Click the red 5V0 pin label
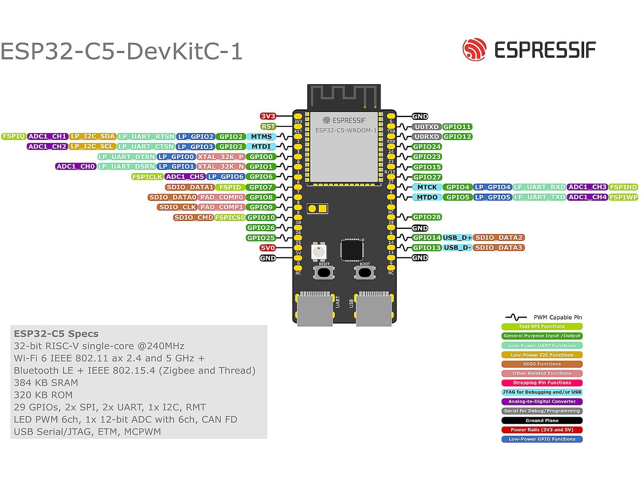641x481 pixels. tap(268, 248)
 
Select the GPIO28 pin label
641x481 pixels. tap(427, 217)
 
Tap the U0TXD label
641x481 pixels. tap(427, 127)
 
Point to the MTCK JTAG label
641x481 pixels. tap(427, 187)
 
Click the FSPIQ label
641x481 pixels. tap(14, 136)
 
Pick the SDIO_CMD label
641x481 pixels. tap(194, 218)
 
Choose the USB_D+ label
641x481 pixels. tap(457, 238)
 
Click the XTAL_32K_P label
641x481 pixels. tap(221, 157)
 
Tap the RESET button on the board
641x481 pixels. tap(324, 273)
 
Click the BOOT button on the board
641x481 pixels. tap(365, 273)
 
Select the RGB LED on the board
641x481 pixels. tap(319, 252)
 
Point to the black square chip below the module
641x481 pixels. tap(351, 250)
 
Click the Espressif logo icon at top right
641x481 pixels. tap(474, 50)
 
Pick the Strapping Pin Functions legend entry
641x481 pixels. tap(542, 383)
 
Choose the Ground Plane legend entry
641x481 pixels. tap(542, 420)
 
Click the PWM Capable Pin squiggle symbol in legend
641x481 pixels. tap(516, 317)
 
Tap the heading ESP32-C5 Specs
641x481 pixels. tap(56, 334)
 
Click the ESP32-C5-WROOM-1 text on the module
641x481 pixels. tap(346, 130)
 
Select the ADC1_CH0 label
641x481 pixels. tap(76, 166)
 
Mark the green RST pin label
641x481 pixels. tap(268, 126)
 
